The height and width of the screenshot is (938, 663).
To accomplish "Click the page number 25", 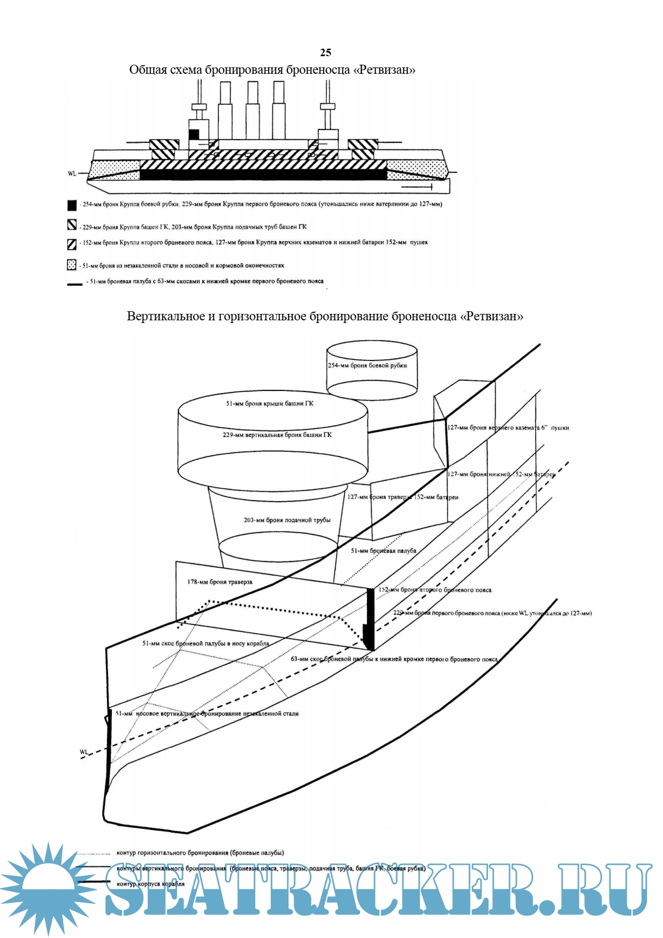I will [325, 52].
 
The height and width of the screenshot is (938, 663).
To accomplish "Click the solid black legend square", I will [72, 205].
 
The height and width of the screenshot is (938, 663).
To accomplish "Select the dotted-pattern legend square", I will [72, 265].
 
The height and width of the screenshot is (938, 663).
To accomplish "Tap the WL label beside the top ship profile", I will [72, 174].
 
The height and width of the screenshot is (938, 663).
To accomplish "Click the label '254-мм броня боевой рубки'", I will [367, 366].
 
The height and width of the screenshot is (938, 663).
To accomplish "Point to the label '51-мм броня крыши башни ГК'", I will [269, 404].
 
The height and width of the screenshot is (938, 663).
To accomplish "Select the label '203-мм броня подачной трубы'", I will [287, 520].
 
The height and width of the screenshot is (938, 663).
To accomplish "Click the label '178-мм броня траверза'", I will [219, 582].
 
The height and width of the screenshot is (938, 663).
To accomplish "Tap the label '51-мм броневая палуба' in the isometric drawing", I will [383, 551].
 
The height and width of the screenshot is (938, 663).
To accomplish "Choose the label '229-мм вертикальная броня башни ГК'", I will [277, 435].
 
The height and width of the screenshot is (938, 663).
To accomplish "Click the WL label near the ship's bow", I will [84, 752].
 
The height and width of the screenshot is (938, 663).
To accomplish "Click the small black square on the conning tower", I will [194, 134].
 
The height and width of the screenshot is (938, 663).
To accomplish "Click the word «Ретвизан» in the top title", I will [384, 70].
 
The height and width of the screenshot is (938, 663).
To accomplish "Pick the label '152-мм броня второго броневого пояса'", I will [435, 590].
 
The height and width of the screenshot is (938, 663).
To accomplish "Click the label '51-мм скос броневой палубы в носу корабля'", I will [205, 643].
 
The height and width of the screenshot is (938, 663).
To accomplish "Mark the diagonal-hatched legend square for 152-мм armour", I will [72, 244].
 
